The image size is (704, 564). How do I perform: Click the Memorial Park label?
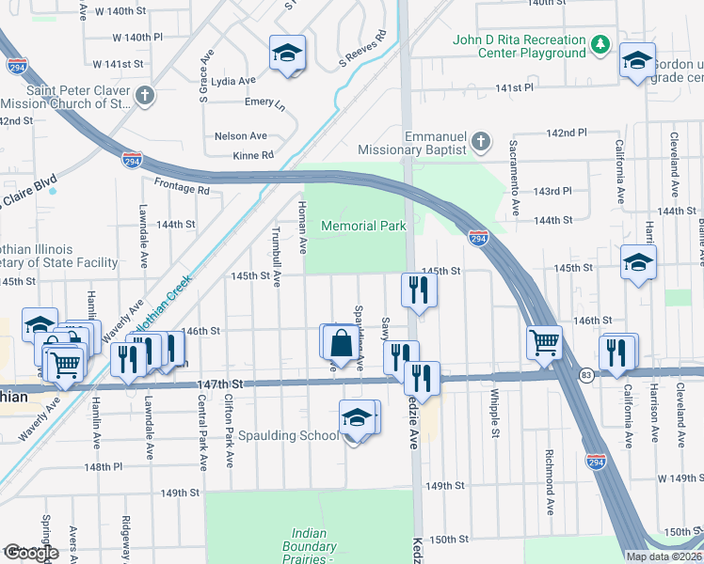tap(363, 226)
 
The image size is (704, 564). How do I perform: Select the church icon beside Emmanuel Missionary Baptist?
tap(480, 143)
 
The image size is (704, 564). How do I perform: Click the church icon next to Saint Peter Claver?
tap(144, 95)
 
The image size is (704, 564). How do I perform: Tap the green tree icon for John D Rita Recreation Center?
tap(600, 45)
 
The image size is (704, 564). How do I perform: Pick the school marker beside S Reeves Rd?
tap(287, 53)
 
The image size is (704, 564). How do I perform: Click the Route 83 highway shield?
tap(585, 374)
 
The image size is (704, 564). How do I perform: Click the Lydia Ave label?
tap(234, 82)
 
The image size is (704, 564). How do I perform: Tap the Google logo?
tap(32, 552)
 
